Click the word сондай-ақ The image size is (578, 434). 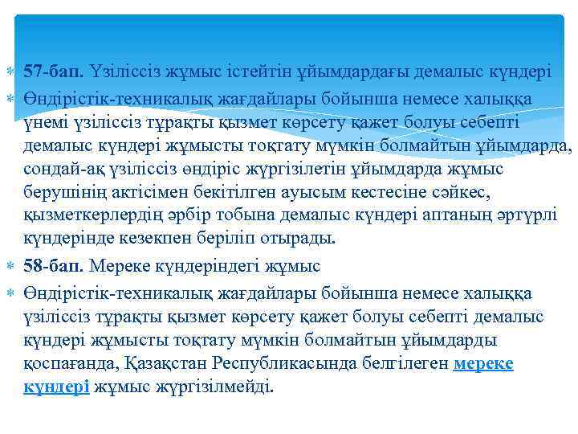coord(57,170)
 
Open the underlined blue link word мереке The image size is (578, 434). coord(483,364)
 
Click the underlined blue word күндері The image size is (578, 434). coord(56,387)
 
